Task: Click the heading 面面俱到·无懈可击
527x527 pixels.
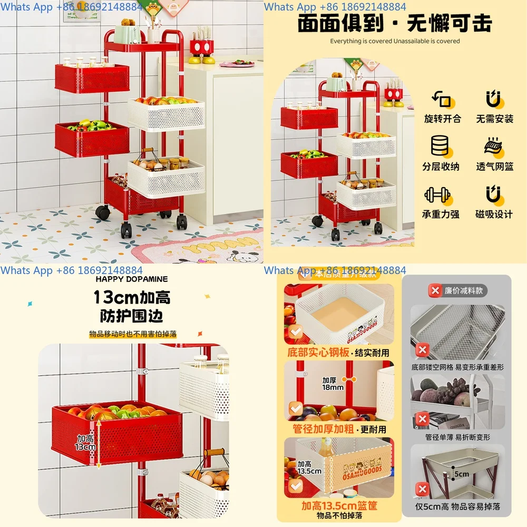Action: tap(395, 24)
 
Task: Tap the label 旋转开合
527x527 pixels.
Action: tap(442, 119)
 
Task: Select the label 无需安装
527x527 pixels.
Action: tap(494, 119)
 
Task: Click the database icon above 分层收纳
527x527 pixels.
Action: tap(440, 146)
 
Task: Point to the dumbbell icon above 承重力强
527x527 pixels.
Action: tap(437, 196)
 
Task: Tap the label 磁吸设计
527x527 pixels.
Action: tap(494, 214)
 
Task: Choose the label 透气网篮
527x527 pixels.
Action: tap(494, 167)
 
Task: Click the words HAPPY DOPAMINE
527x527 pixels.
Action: tap(132, 279)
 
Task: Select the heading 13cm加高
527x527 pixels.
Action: tap(132, 297)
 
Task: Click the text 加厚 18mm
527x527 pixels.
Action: tap(333, 383)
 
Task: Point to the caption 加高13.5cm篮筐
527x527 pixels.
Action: tap(339, 506)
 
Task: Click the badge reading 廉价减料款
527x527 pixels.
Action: tap(457, 290)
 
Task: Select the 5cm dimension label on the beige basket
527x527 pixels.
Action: tap(461, 474)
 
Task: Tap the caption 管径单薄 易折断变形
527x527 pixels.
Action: tap(457, 437)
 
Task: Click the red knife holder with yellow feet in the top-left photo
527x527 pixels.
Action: tap(202, 48)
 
